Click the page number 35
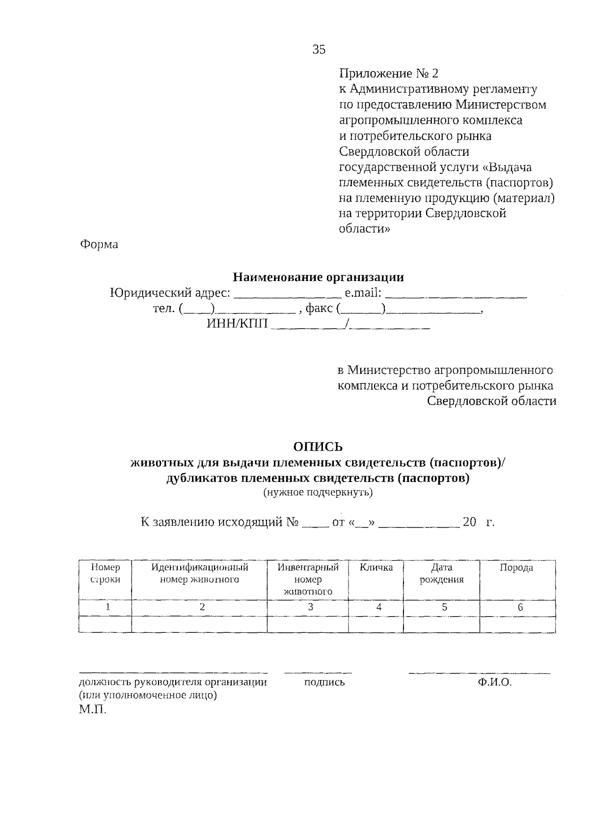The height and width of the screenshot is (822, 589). [x=319, y=49]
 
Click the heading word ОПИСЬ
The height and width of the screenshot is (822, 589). [x=318, y=447]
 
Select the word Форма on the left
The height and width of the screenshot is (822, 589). [x=99, y=244]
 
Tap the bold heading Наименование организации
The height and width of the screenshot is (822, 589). [x=318, y=277]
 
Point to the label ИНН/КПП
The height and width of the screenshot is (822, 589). [x=238, y=324]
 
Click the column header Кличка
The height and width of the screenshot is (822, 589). [x=376, y=568]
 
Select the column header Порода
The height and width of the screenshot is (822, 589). [x=516, y=568]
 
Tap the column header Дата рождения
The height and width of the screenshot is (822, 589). [x=441, y=573]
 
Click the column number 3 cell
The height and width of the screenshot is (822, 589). [x=310, y=607]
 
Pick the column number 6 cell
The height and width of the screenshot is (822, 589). [x=520, y=607]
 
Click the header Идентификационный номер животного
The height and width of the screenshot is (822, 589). [x=199, y=573]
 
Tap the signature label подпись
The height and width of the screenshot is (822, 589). [x=324, y=682]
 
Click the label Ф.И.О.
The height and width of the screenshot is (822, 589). [x=494, y=682]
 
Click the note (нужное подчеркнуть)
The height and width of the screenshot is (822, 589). [x=318, y=493]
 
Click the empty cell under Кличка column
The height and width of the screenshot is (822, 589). [x=375, y=624]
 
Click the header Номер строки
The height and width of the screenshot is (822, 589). [x=106, y=573]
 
